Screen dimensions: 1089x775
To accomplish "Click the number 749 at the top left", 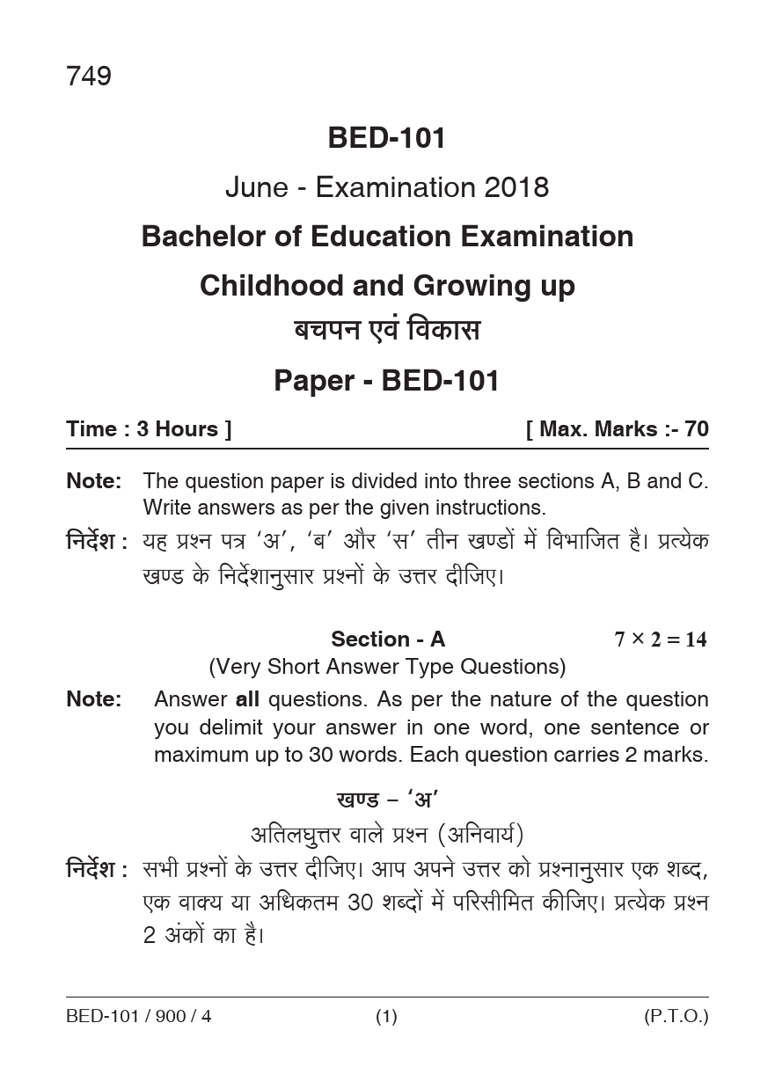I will (x=88, y=77).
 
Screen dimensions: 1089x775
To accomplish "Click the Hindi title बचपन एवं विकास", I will (x=387, y=332).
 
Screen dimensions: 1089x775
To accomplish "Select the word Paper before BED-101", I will (x=312, y=381).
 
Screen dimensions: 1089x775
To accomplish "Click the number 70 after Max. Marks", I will (x=696, y=429).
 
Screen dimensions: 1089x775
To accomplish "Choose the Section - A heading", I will (x=388, y=640).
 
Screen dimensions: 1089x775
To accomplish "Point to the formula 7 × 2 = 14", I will (x=660, y=640).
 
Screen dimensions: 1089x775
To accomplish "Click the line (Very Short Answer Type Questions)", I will (x=387, y=667).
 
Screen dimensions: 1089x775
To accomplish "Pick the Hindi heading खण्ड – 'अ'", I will (x=387, y=800).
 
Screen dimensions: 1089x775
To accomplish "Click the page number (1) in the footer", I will (x=387, y=1017).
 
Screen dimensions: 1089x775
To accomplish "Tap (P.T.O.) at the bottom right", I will (x=676, y=1017).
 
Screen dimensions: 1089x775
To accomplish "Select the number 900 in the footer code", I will (x=173, y=1017).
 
